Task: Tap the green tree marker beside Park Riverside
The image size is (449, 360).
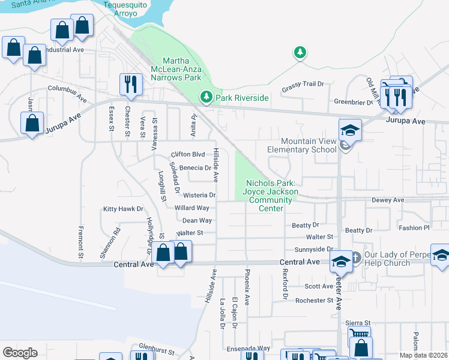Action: tap(206, 97)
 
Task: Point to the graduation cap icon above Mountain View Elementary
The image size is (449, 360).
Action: tap(349, 129)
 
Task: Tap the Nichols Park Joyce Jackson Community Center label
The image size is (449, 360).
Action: tap(270, 196)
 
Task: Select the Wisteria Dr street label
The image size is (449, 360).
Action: tap(199, 195)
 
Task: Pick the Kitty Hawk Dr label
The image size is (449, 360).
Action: tap(124, 209)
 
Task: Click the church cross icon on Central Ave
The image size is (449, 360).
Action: tap(355, 256)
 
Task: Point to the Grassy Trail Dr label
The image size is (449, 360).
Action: tap(303, 85)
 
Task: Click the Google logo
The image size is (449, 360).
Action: tap(20, 353)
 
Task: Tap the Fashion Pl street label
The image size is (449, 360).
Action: tap(414, 228)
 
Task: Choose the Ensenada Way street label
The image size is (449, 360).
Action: tap(248, 348)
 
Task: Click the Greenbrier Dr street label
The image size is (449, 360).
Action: tap(354, 101)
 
